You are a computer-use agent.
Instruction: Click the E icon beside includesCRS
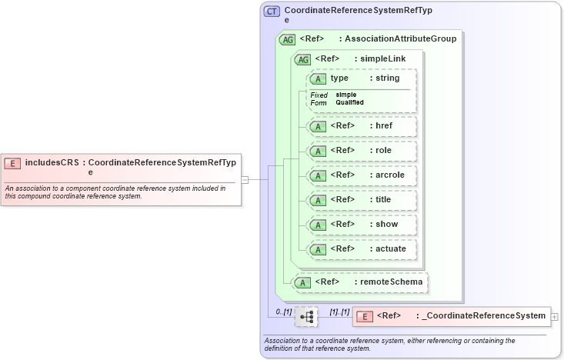(x=12, y=163)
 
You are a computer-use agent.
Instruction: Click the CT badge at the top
(x=272, y=12)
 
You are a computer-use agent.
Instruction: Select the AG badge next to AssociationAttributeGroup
(x=287, y=39)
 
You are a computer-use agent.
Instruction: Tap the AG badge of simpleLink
(x=302, y=59)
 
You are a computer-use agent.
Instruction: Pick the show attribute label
(x=382, y=224)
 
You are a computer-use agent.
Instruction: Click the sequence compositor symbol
(x=306, y=316)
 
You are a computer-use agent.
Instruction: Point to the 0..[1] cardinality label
(x=284, y=312)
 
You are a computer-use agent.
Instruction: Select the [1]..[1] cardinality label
(x=339, y=312)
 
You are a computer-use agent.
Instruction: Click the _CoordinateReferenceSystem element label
(x=481, y=315)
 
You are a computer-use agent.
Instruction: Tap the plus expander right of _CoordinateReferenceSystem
(x=555, y=316)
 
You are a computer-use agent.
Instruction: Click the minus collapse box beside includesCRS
(x=245, y=179)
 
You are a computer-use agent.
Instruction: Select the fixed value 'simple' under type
(x=345, y=95)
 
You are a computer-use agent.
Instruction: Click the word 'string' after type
(x=388, y=78)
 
